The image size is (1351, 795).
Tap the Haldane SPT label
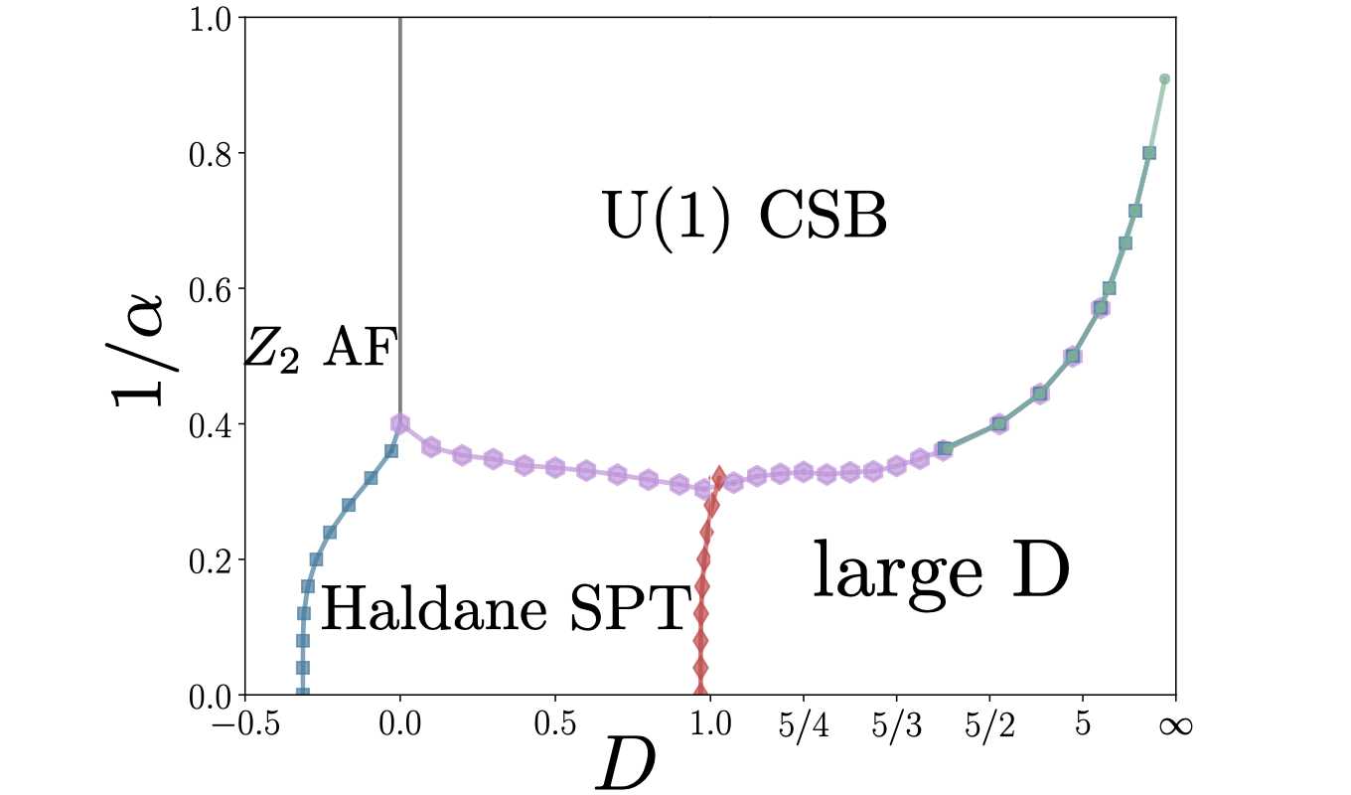(x=506, y=608)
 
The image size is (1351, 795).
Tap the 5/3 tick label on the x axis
(x=897, y=724)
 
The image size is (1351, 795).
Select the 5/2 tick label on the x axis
(x=990, y=724)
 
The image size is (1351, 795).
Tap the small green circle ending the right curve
(x=1164, y=79)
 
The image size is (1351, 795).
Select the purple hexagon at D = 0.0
(x=400, y=424)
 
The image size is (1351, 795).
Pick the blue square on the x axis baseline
(x=303, y=694)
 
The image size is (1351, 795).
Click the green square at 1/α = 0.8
(x=1149, y=153)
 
